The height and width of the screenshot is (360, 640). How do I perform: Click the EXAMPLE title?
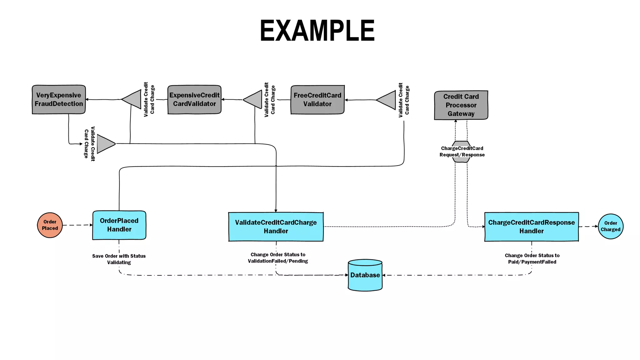click(317, 31)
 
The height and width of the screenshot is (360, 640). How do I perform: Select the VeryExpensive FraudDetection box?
click(59, 99)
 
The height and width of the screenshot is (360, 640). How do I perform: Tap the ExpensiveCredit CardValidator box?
click(194, 99)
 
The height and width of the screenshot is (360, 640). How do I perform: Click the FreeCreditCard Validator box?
click(317, 100)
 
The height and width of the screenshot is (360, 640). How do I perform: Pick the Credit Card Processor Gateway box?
click(461, 105)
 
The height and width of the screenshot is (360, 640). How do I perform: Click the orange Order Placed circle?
click(50, 225)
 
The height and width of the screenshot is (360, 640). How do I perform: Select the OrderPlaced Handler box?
click(119, 225)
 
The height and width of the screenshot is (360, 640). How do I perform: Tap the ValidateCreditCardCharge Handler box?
click(276, 227)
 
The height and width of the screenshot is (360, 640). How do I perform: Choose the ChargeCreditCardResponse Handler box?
click(531, 227)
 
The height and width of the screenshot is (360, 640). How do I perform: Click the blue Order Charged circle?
click(610, 226)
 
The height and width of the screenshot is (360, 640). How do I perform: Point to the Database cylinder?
click(365, 275)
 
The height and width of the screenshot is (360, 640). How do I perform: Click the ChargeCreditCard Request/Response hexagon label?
click(462, 152)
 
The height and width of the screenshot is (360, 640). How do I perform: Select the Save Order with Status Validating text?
click(119, 259)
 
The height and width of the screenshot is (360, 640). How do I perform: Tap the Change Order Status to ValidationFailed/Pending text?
click(278, 258)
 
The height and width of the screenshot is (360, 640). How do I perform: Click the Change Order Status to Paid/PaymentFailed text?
click(532, 259)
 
